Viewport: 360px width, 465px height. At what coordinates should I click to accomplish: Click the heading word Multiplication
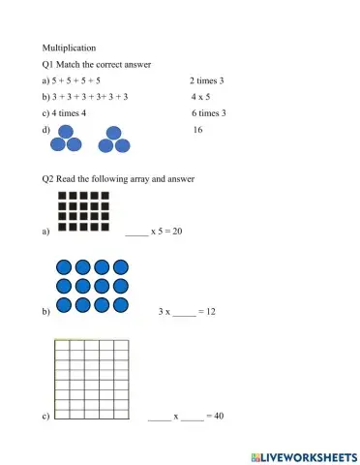point(69,46)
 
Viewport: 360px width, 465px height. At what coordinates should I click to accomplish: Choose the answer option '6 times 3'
point(208,113)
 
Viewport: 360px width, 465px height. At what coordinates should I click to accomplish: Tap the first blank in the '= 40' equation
point(159,417)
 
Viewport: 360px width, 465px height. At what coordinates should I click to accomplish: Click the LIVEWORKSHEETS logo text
point(302,454)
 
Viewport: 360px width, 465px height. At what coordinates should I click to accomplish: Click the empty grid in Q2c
point(91,379)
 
